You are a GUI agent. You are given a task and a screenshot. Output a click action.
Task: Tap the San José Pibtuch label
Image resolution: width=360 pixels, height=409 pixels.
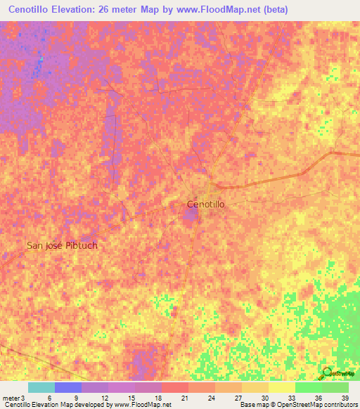tap(62, 246)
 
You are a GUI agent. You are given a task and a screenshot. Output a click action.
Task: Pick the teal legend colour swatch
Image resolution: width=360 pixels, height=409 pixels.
tap(41, 387)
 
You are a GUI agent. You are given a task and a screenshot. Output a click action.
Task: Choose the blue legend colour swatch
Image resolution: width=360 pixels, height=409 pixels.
tap(68, 387)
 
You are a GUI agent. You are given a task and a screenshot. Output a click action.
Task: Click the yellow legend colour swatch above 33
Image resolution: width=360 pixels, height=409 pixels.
tap(282, 387)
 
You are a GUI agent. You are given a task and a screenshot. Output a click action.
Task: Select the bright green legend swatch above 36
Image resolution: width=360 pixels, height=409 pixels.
tap(309, 387)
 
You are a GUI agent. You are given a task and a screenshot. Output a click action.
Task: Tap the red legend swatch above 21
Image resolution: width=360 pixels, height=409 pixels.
tap(175, 387)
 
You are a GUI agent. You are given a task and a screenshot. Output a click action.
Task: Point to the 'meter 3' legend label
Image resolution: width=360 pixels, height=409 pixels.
tap(13, 397)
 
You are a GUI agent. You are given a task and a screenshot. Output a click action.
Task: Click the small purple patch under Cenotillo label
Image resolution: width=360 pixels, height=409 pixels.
tap(191, 213)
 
